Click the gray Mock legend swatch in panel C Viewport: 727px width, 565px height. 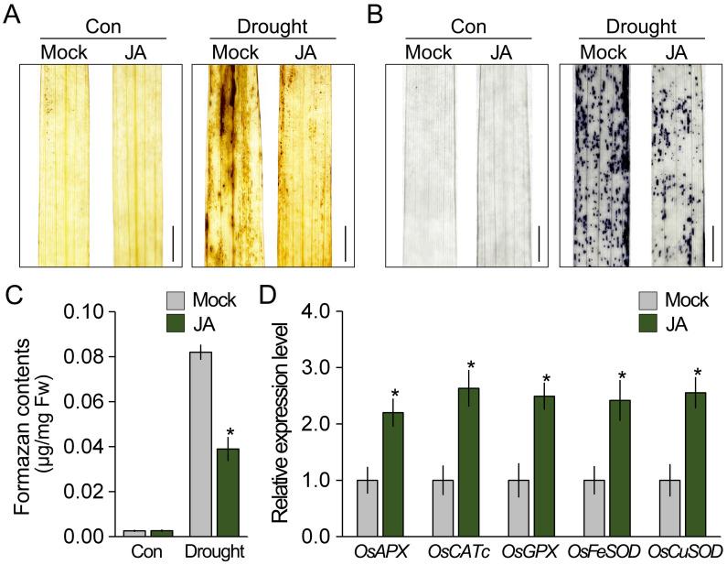[x=180, y=299]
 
